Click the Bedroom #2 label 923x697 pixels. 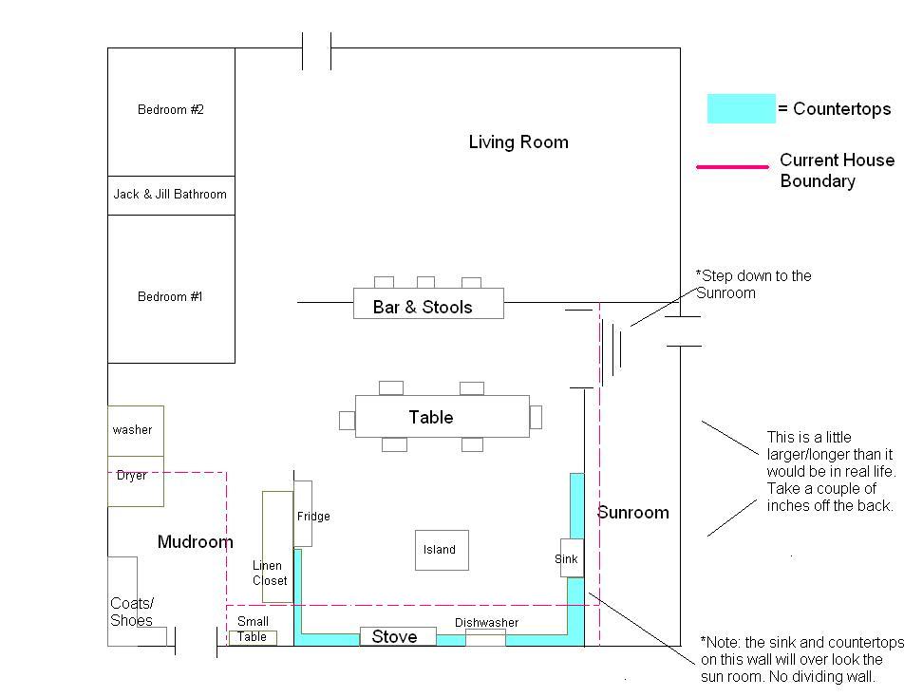pyautogui.click(x=171, y=109)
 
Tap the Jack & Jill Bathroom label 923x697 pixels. pyautogui.click(x=170, y=195)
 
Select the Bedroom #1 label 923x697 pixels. pyautogui.click(x=170, y=296)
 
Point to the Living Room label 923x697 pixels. pyautogui.click(x=518, y=141)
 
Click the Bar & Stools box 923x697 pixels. pyautogui.click(x=428, y=303)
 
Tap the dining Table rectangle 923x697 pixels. pyautogui.click(x=443, y=416)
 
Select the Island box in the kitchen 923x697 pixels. pyautogui.click(x=443, y=551)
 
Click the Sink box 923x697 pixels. pyautogui.click(x=572, y=558)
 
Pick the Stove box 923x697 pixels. pyautogui.click(x=398, y=636)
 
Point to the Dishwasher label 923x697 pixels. pyautogui.click(x=487, y=623)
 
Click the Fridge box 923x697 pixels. pyautogui.click(x=303, y=514)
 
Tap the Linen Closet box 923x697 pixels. pyautogui.click(x=278, y=547)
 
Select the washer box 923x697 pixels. pyautogui.click(x=136, y=431)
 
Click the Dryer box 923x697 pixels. pyautogui.click(x=136, y=480)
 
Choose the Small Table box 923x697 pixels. pyautogui.click(x=253, y=637)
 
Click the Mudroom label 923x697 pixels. pyautogui.click(x=196, y=541)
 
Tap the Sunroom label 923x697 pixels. pyautogui.click(x=633, y=512)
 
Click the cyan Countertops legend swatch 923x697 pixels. pyautogui.click(x=741, y=108)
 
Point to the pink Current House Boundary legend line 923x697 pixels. pyautogui.click(x=732, y=167)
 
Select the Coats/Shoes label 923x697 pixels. pyautogui.click(x=132, y=612)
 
